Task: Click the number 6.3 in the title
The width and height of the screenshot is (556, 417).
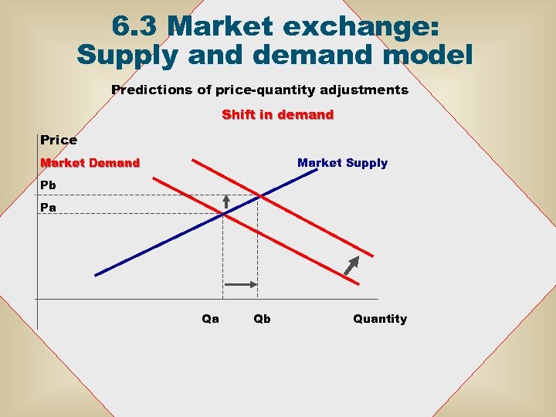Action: [x=137, y=26]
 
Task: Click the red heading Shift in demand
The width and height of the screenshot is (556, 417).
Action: [x=277, y=115]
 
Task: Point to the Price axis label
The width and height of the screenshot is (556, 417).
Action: [x=59, y=140]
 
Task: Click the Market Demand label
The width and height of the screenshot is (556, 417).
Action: [x=90, y=163]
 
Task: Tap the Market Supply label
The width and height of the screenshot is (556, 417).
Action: [x=342, y=163]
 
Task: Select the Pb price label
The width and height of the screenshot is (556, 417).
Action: [x=48, y=186]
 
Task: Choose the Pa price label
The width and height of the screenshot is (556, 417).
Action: [x=48, y=208]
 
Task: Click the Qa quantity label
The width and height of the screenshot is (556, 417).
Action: [x=210, y=319]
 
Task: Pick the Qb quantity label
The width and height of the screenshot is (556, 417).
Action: [x=262, y=319]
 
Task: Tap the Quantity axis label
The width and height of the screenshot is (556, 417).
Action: [x=379, y=319]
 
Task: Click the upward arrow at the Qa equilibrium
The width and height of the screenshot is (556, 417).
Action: [x=225, y=202]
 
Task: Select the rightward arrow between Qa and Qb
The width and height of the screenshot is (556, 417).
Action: [x=240, y=285]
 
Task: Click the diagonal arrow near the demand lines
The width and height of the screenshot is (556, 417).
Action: [x=352, y=264]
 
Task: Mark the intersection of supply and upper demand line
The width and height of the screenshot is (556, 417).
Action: [x=259, y=195]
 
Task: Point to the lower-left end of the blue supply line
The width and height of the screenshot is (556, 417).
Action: [x=97, y=274]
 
